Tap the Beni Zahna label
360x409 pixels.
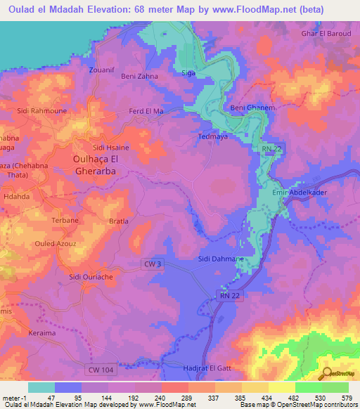pyautogui.click(x=140, y=75)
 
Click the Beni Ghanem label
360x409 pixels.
pyautogui.click(x=251, y=108)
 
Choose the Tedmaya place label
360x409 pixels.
pyautogui.click(x=212, y=137)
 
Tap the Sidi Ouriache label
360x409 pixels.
pyautogui.click(x=91, y=277)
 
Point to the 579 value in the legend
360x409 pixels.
pyautogui.click(x=345, y=398)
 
